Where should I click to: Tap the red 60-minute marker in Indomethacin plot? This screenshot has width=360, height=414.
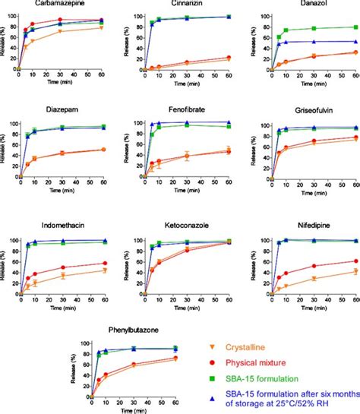tap(104, 264)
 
